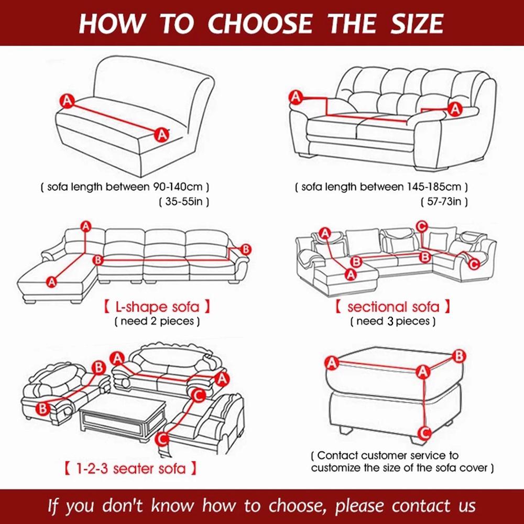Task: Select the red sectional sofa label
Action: pos(392,307)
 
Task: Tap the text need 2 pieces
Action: pos(157,321)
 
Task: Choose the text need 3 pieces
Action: pos(392,321)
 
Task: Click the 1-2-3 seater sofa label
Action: pos(130,467)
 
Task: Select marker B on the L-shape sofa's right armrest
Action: pos(246,249)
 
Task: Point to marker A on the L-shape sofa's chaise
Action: pos(51,282)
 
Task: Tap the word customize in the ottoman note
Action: pos(334,467)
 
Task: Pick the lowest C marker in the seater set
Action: pos(163,438)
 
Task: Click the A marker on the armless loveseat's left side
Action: pos(67,100)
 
